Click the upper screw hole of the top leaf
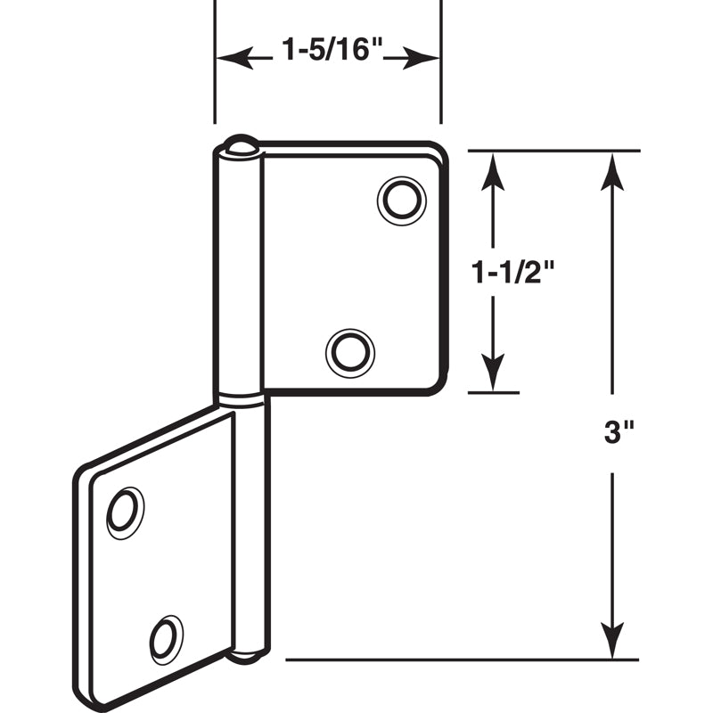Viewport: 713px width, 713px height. [401, 201]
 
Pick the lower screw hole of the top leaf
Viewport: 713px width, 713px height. [350, 351]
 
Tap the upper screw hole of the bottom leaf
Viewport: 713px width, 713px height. [124, 512]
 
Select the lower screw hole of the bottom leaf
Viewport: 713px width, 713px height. [166, 639]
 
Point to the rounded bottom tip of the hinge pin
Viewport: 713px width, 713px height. [247, 656]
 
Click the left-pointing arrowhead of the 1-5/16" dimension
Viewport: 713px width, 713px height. [230, 60]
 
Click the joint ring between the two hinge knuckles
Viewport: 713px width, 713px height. [241, 400]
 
